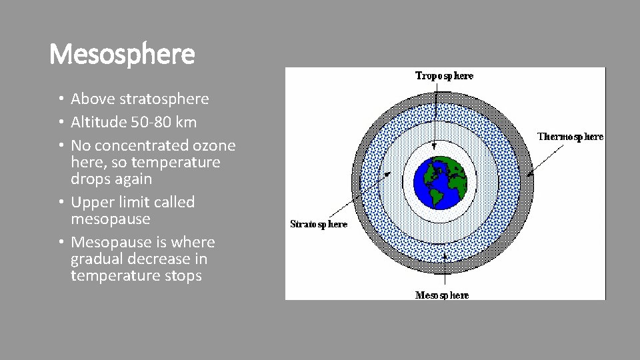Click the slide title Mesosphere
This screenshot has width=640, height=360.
pos(122,54)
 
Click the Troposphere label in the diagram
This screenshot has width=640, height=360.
pos(444,76)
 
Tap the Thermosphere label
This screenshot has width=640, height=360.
pos(570,137)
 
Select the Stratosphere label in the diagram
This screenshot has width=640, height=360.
pos(319,224)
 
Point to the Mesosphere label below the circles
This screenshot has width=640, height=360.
pos(442,295)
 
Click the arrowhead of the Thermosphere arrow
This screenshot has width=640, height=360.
pos(529,175)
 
